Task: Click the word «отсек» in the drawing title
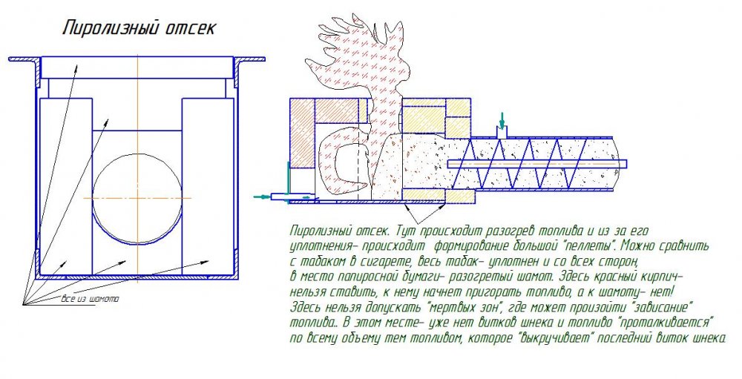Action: click(x=191, y=28)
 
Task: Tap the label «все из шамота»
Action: click(x=90, y=299)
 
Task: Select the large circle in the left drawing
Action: click(x=137, y=198)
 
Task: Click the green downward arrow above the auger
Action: click(x=502, y=120)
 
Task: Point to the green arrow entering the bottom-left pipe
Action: click(x=262, y=197)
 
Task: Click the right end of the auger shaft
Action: click(x=626, y=164)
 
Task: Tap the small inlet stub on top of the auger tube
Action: click(x=502, y=133)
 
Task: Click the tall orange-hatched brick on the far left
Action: click(x=302, y=133)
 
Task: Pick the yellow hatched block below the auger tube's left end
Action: click(x=460, y=196)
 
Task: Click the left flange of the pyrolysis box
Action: click(x=23, y=59)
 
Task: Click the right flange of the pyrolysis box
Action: click(x=250, y=59)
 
